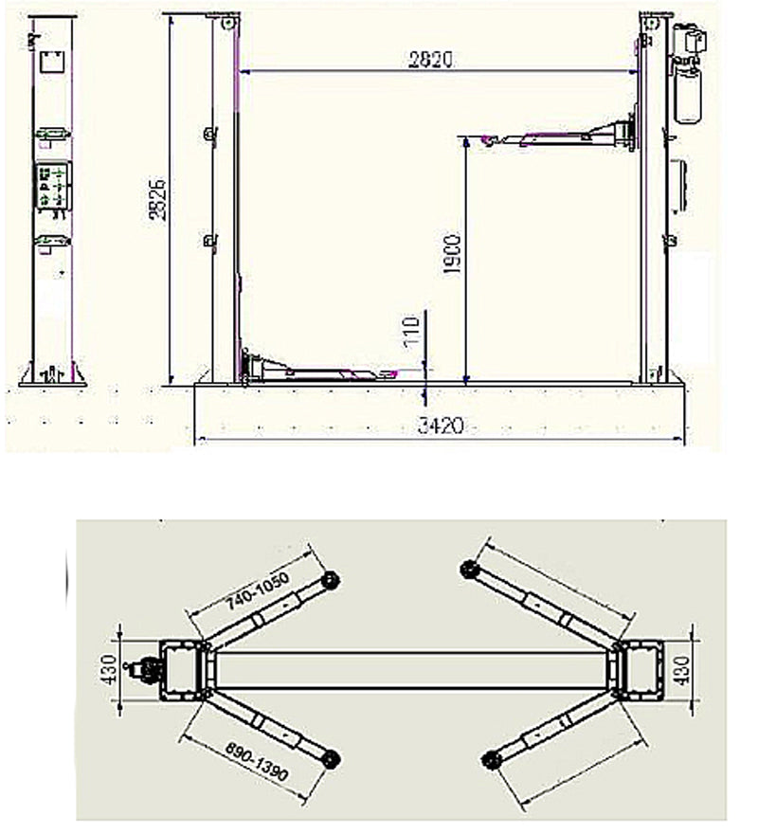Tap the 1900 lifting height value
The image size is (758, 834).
pyautogui.click(x=453, y=255)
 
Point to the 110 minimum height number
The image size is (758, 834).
pyautogui.click(x=411, y=333)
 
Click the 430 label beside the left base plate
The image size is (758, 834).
pyautogui.click(x=108, y=670)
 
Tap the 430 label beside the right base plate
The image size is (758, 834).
pyautogui.click(x=706, y=670)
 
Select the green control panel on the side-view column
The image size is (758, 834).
pyautogui.click(x=52, y=185)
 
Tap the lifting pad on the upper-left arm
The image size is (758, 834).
pyautogui.click(x=331, y=580)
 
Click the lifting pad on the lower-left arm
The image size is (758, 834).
pyautogui.click(x=331, y=758)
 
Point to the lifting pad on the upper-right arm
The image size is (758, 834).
pyautogui.click(x=467, y=570)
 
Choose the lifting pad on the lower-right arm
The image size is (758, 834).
pyautogui.click(x=489, y=758)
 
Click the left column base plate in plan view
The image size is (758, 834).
pyautogui.click(x=182, y=670)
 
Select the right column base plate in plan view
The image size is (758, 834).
pyautogui.click(x=635, y=670)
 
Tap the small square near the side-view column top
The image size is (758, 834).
pyautogui.click(x=49, y=64)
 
